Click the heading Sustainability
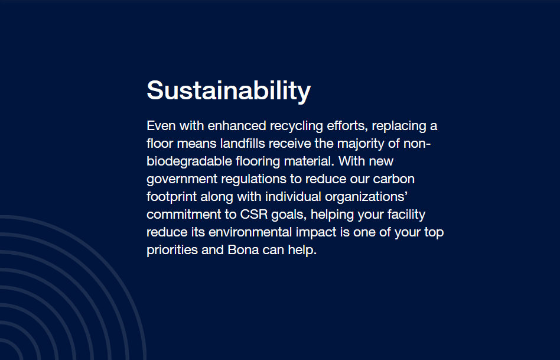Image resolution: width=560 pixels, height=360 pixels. pyautogui.click(x=229, y=91)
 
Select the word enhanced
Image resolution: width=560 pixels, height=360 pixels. pyautogui.click(x=237, y=126)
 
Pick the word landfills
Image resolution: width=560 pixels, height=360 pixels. pyautogui.click(x=243, y=144)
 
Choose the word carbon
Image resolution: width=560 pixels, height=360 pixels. pyautogui.click(x=394, y=179)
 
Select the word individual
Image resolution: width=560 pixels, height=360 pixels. pyautogui.click(x=293, y=197)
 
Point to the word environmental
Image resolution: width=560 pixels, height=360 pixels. pyautogui.click(x=250, y=232)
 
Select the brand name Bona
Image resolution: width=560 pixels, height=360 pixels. pyautogui.click(x=243, y=250)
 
